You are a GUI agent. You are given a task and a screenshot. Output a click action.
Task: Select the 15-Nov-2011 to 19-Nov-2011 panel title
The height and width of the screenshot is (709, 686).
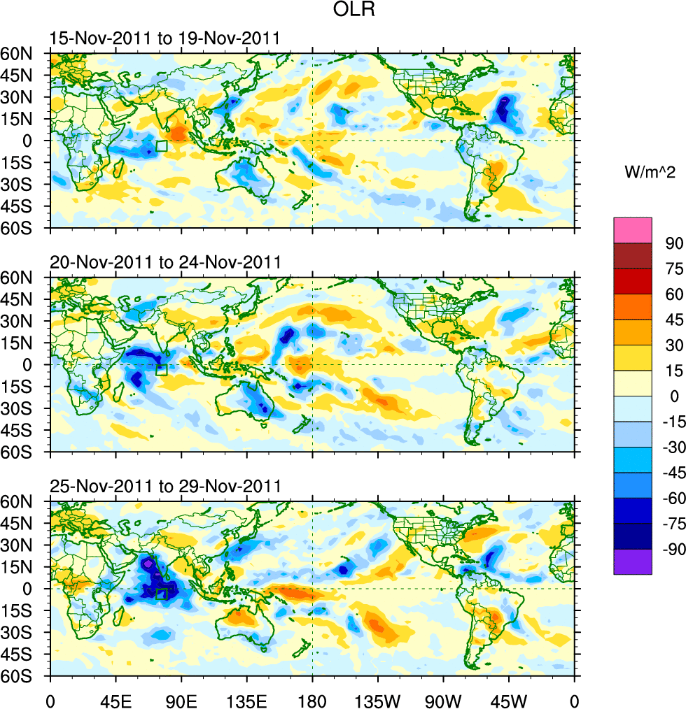point(165,38)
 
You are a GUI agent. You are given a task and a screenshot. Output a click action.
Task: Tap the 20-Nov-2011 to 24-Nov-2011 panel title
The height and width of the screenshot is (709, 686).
point(165,263)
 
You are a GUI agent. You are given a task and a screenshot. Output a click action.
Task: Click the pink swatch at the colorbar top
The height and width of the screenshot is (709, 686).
point(633,230)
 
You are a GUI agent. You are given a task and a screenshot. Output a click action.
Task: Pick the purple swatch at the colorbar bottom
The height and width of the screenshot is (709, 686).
point(633,561)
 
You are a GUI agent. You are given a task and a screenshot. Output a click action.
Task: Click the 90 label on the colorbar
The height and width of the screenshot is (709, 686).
point(673,243)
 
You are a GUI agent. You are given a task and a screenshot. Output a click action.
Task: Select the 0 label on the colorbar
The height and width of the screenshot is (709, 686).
point(674,396)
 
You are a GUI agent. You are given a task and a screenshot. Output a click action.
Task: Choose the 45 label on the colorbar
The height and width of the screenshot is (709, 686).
point(673,320)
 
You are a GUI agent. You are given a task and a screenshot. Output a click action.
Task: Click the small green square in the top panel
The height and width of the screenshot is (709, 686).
point(162,146)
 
